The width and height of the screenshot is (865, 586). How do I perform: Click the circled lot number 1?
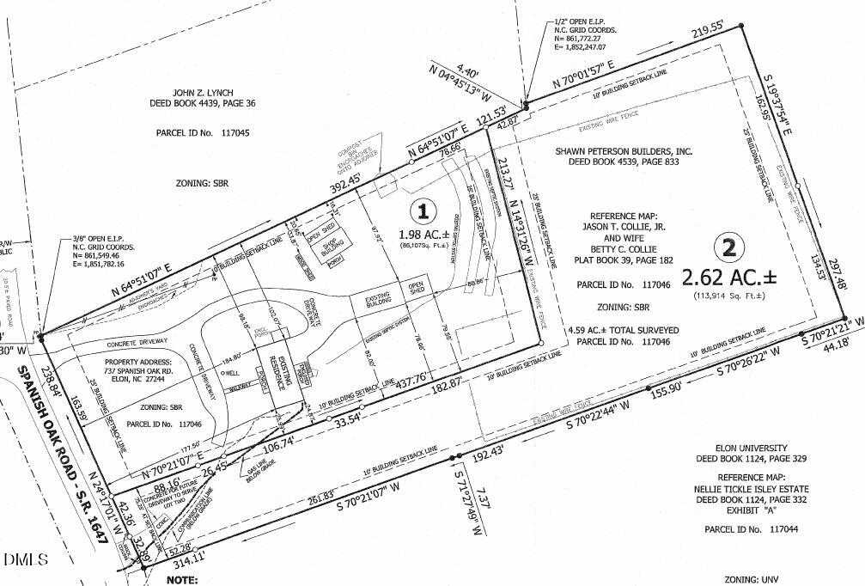(x=422, y=210)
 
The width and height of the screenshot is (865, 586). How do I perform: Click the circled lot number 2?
(x=729, y=249)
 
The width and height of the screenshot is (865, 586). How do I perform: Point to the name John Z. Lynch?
(x=203, y=92)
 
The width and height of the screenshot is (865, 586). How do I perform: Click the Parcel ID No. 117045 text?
(x=203, y=134)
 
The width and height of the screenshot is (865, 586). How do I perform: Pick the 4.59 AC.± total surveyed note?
(x=623, y=329)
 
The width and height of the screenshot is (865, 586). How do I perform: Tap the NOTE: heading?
(x=183, y=579)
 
